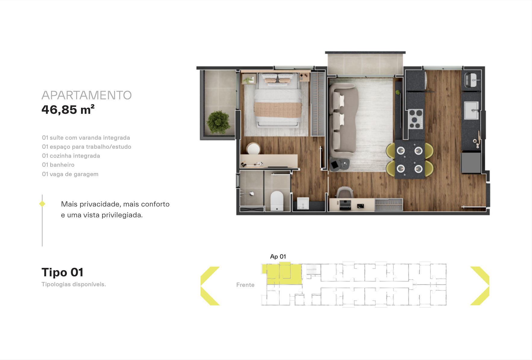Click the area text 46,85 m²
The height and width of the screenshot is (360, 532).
(x=68, y=110)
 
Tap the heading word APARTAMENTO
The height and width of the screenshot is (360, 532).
(x=87, y=95)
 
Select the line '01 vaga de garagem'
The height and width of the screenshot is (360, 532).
(x=70, y=174)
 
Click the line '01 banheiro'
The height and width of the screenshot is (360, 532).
(x=58, y=165)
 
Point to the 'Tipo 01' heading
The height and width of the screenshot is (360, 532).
(x=62, y=272)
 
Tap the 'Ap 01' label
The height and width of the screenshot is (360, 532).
(x=278, y=256)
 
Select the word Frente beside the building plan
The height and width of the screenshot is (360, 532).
(x=245, y=285)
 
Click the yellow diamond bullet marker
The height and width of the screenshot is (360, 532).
(x=42, y=204)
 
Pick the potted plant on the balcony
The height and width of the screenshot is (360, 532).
(x=218, y=122)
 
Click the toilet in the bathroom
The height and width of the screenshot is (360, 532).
(x=277, y=200)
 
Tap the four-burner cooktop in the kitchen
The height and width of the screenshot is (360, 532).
(x=416, y=119)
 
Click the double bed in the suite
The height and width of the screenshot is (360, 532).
(x=278, y=101)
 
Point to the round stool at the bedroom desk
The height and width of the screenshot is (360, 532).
(x=253, y=149)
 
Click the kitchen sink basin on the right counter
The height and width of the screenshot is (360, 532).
(x=471, y=110)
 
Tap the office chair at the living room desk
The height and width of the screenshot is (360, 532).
(x=345, y=193)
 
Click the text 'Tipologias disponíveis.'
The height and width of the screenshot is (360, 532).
(x=74, y=284)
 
